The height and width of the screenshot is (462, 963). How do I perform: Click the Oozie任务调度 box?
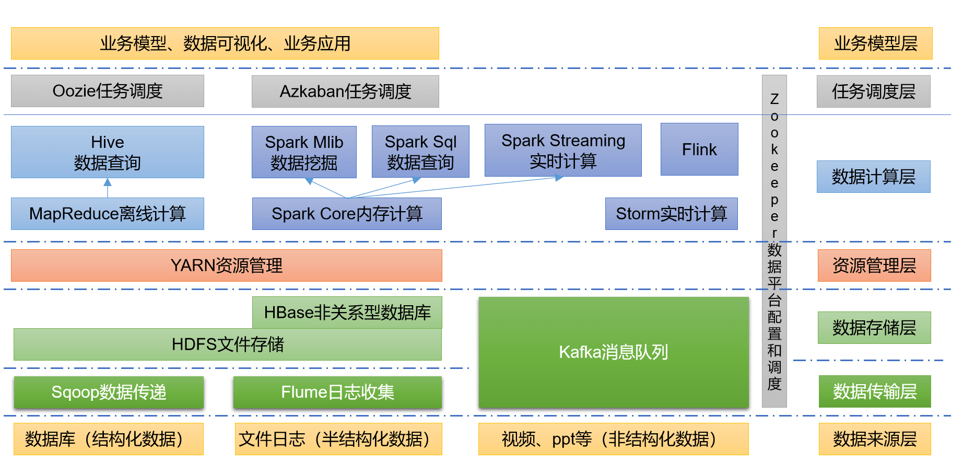point(108,91)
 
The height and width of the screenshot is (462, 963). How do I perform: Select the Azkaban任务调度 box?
point(345,91)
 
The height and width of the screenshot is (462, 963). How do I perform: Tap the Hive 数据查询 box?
point(108,152)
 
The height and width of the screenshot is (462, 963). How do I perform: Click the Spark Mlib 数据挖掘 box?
point(304,152)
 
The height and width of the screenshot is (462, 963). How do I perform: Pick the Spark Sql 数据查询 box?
point(420,152)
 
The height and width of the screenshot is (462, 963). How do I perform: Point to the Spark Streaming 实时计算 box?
point(563,151)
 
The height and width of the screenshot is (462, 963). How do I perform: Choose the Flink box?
point(699,149)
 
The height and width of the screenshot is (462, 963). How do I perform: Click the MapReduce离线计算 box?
point(108,214)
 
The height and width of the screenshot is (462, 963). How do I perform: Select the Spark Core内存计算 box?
point(347,214)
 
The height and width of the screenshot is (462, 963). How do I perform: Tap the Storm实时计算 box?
point(671,214)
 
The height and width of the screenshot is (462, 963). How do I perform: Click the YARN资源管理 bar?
point(227,265)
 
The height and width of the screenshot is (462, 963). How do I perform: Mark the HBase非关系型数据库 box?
point(347,313)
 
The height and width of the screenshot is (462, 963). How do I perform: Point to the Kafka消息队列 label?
point(614,352)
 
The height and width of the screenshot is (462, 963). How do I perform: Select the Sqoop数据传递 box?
point(109,392)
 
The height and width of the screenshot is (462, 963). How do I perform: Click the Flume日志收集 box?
point(337,392)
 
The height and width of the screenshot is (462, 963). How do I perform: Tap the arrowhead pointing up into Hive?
point(108,182)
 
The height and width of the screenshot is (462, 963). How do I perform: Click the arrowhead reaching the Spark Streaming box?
point(559,178)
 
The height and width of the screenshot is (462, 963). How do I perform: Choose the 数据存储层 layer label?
point(874,328)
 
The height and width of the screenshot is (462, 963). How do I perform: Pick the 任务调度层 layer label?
point(874,91)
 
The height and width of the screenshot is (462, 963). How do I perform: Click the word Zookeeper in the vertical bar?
point(774,165)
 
